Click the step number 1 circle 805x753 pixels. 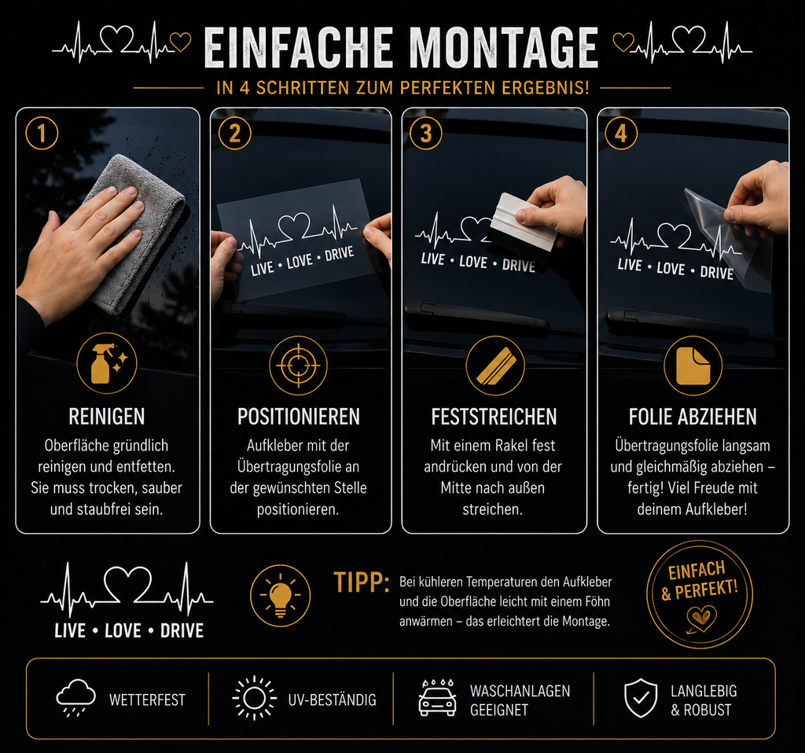(x=42, y=134)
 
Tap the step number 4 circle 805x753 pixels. (x=621, y=134)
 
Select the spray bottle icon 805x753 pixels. (x=107, y=363)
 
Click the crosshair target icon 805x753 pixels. (x=298, y=365)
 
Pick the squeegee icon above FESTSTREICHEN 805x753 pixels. (x=495, y=365)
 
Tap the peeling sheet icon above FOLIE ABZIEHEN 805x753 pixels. (x=693, y=365)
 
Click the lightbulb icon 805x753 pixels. (x=281, y=596)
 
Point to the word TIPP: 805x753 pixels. (x=362, y=582)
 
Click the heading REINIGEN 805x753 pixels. (x=107, y=417)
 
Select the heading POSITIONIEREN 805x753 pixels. (x=298, y=417)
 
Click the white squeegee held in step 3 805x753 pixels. (x=522, y=222)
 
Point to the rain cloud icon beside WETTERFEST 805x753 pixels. (x=75, y=698)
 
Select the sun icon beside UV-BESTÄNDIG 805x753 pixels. (x=254, y=699)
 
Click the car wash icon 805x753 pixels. (x=437, y=697)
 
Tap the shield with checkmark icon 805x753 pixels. (x=640, y=698)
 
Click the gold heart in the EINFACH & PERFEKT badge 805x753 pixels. (x=701, y=618)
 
